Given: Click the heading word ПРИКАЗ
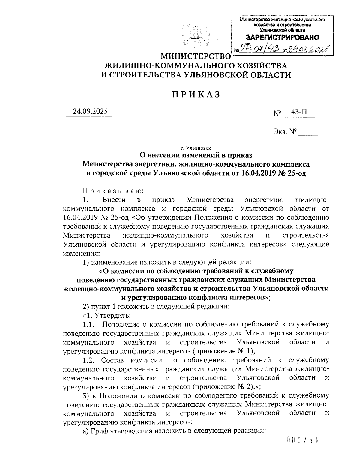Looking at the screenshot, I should (196, 94).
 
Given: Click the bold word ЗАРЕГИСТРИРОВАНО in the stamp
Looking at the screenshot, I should (282, 38).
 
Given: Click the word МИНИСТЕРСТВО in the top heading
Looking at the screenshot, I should (195, 56).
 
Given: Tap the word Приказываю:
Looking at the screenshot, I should (113, 191).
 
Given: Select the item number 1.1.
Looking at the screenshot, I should (89, 324).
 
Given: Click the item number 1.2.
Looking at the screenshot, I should (89, 360).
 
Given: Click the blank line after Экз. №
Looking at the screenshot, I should (308, 133).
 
